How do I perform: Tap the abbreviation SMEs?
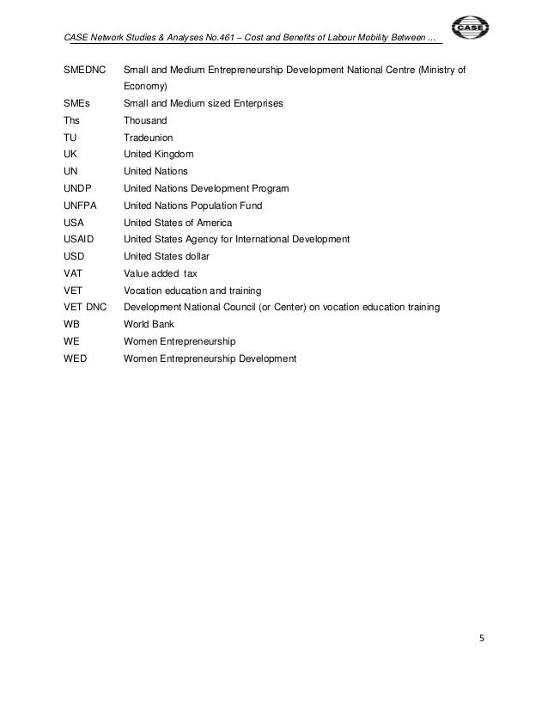76,104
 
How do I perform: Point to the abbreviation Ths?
72,121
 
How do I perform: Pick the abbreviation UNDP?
78,188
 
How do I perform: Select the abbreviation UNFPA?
81,205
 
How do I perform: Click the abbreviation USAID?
80,239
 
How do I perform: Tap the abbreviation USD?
75,256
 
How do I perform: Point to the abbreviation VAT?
74,273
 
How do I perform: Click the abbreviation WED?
76,358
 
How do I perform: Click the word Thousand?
146,121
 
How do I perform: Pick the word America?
211,223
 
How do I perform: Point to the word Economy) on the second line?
145,87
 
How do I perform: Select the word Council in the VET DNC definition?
240,307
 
